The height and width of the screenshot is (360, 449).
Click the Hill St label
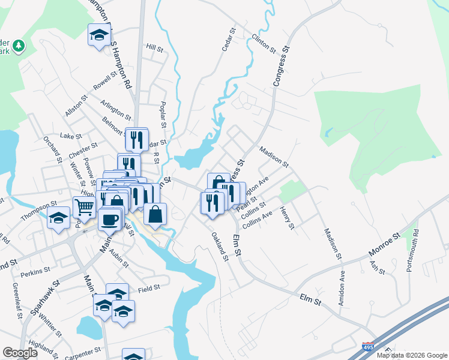click(155, 47)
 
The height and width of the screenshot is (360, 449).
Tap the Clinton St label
click(264, 43)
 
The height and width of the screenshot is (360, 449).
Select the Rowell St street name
click(105, 81)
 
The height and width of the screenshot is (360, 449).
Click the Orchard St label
click(52, 148)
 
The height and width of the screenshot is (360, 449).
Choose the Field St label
click(148, 288)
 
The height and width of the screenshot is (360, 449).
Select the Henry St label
click(287, 218)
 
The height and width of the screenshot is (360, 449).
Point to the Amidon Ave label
click(342, 288)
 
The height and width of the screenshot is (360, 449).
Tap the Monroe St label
click(385, 245)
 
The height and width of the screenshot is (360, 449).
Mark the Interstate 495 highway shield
click(368, 347)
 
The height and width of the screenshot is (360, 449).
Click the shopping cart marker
click(85, 207)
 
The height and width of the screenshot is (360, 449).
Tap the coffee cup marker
click(110, 219)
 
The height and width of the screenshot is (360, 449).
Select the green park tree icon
click(19, 46)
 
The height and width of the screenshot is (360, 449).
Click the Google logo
click(20, 353)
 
